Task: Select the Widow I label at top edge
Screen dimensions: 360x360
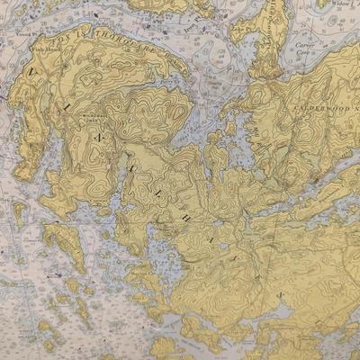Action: tap(340, 3)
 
